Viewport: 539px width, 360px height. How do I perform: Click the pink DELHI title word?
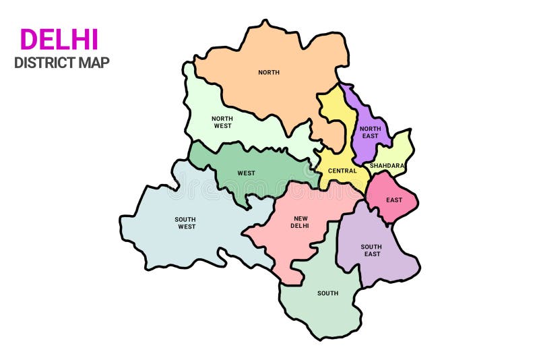click(59, 40)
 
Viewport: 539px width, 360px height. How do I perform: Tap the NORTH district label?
click(269, 72)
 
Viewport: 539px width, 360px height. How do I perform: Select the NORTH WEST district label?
click(222, 122)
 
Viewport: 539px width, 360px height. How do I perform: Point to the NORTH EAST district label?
click(369, 132)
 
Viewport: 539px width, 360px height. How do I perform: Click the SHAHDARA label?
click(387, 165)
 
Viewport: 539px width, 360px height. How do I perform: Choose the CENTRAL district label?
click(342, 171)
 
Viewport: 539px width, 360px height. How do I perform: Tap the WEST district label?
click(246, 173)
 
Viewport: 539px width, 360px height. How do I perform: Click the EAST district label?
click(394, 200)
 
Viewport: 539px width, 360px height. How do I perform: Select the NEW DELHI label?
click(300, 222)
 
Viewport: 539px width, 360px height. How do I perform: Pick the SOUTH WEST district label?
click(185, 222)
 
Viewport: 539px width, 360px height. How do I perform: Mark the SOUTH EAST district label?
click(371, 250)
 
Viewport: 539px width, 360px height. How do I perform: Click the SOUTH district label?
click(328, 293)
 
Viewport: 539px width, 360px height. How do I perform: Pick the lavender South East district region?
click(384, 266)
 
